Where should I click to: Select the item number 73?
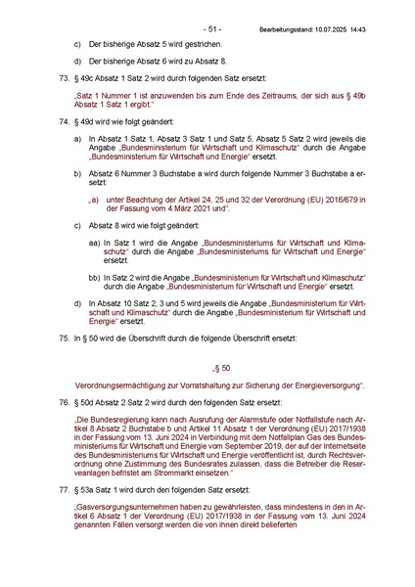(x=64, y=76)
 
